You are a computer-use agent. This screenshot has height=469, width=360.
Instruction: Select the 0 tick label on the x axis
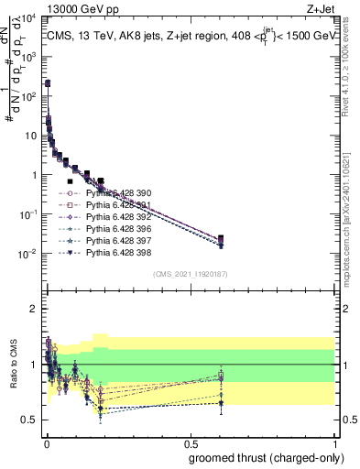[x=46, y=443]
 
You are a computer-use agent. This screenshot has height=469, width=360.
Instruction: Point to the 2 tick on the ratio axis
[x=35, y=309]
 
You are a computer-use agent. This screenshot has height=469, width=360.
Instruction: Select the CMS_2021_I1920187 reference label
[x=190, y=273]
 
